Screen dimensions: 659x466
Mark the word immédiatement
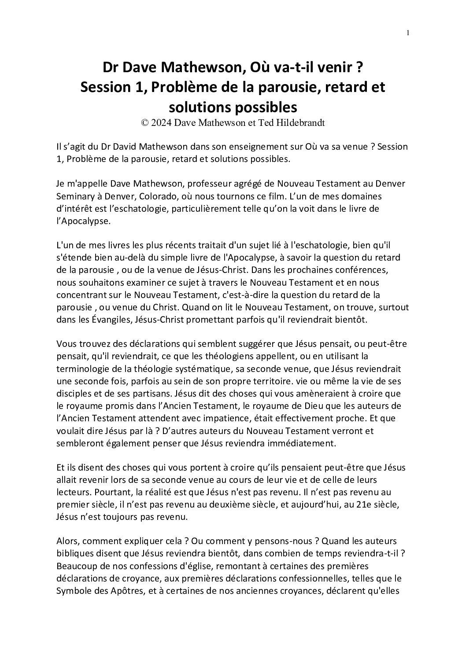coord(304,444)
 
